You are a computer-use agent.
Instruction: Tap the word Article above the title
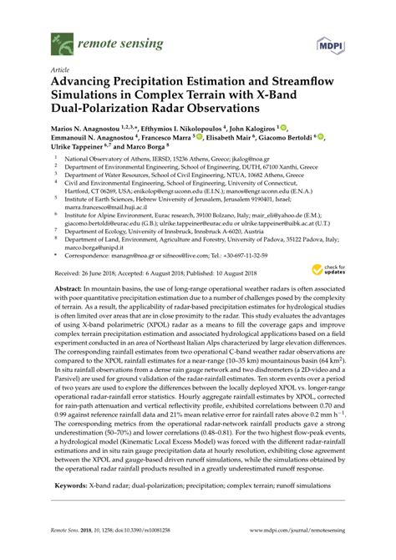point(60,71)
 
